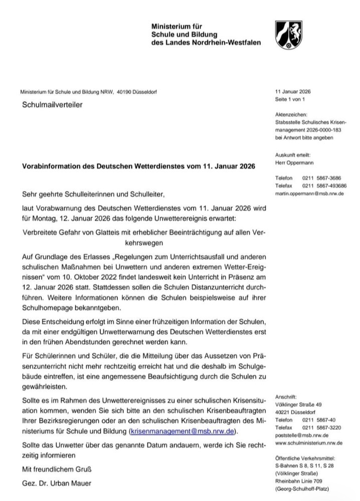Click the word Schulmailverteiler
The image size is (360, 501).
(51, 104)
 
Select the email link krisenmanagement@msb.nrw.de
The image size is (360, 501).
(183, 431)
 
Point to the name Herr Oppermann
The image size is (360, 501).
(293, 162)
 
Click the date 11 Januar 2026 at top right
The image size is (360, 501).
(293, 92)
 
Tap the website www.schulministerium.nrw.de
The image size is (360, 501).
(309, 443)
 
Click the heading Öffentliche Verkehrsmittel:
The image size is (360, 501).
(305, 457)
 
